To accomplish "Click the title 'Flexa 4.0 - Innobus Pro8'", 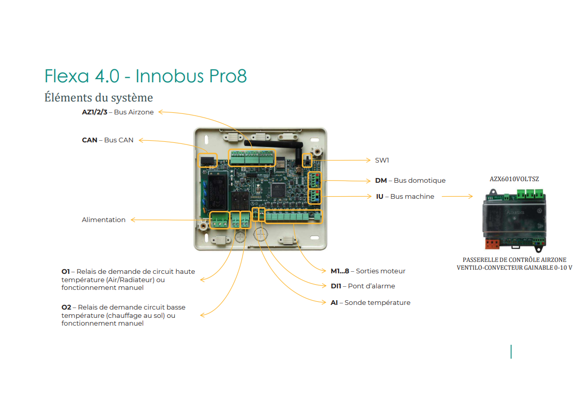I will [145, 76].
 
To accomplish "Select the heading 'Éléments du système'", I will [98, 97].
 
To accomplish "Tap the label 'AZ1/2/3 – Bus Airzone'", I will [118, 112].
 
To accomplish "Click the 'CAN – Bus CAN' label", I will [108, 140].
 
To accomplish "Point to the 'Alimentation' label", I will [103, 219].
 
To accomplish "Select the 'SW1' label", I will [382, 160].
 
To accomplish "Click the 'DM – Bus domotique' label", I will [410, 180].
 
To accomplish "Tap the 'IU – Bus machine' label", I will [405, 196].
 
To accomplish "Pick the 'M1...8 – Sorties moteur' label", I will [368, 271].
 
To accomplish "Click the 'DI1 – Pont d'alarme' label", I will [363, 286].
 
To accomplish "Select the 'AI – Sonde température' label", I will [371, 302].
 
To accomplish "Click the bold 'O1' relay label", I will [66, 271].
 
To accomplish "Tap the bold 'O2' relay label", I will [66, 307].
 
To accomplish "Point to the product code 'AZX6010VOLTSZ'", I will [514, 179].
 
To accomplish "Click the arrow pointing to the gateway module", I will [457, 196].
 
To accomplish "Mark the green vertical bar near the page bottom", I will [511, 352].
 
